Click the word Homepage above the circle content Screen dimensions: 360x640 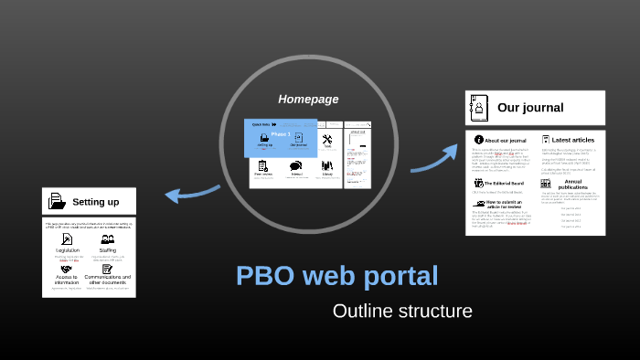click(x=308, y=99)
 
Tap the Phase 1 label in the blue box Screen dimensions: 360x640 click(x=281, y=134)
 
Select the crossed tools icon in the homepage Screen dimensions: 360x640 click(x=327, y=139)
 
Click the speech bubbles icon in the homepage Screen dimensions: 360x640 click(x=296, y=166)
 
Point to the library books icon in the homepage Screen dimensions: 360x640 click(x=327, y=166)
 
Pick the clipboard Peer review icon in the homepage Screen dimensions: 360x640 click(x=263, y=166)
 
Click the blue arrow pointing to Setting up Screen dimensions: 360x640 click(x=191, y=193)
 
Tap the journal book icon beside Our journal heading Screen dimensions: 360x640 click(x=478, y=108)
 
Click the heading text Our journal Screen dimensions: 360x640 click(x=530, y=108)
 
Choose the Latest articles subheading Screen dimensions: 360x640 click(x=573, y=140)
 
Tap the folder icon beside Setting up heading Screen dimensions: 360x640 click(x=57, y=201)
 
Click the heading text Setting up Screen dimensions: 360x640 click(x=96, y=201)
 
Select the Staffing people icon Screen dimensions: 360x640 click(x=108, y=239)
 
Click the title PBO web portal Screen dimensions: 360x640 click(x=336, y=276)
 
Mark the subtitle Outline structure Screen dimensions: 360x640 click(x=402, y=312)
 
